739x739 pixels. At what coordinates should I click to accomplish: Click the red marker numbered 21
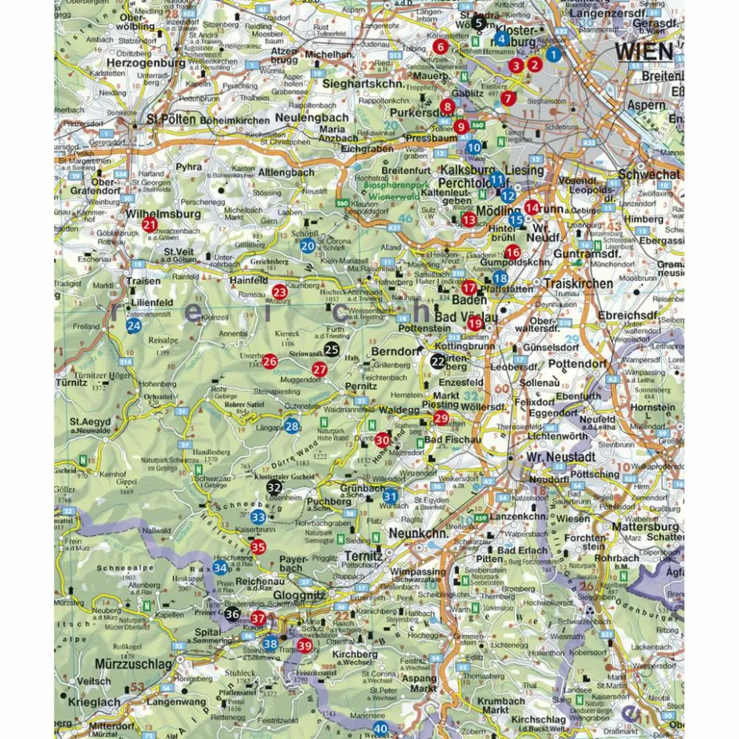pos(150,225)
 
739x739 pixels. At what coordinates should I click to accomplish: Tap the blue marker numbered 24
pos(135,326)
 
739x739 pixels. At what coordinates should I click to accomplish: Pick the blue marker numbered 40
pos(380,729)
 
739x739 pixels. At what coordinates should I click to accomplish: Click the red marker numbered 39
pos(305,646)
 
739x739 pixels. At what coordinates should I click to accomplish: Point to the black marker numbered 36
pos(232,615)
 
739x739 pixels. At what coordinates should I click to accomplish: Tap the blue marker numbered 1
pos(553,54)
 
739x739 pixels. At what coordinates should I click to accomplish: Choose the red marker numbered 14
pos(532,207)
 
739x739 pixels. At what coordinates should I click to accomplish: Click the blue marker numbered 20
pos(308,246)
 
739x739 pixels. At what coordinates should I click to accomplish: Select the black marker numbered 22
pos(438,360)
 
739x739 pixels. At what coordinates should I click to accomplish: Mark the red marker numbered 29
pos(440,419)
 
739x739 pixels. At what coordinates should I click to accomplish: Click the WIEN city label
pos(643,51)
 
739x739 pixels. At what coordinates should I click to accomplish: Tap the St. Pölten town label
pos(169,120)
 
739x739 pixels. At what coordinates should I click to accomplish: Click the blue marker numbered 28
pos(292,426)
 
